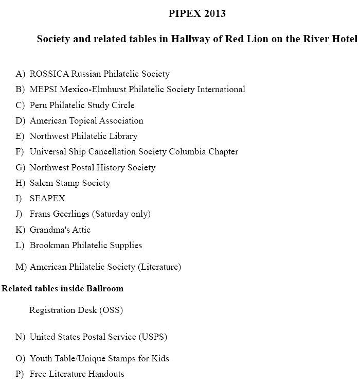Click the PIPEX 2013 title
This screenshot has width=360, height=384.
[197, 14]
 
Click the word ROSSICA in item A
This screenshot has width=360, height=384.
[49, 74]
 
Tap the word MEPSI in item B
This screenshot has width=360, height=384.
[42, 89]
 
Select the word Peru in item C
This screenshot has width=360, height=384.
[38, 105]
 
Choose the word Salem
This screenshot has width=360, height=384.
[41, 183]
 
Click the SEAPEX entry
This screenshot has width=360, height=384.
[47, 198]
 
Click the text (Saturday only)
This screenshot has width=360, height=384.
[127, 214]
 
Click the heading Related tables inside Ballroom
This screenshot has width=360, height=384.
[62, 288]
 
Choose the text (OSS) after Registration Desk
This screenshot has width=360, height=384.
[111, 310]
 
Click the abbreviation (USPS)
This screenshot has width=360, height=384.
[153, 337]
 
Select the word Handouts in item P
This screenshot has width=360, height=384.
[106, 374]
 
